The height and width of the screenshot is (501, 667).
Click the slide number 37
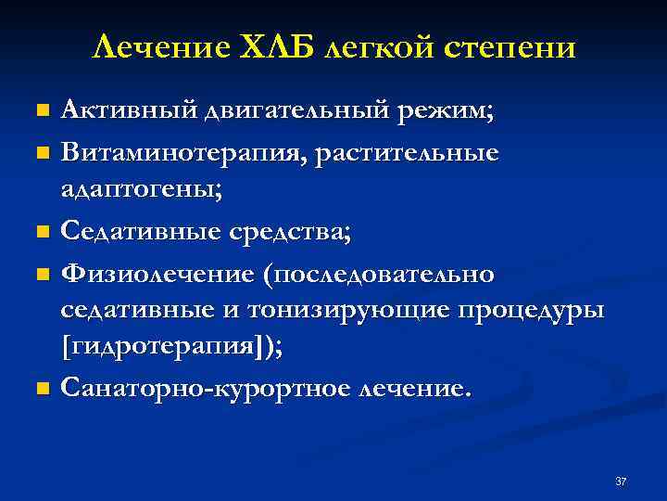click(621, 482)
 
